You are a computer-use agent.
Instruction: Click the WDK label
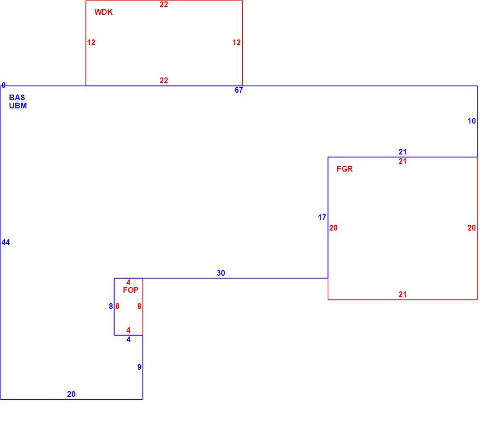[104, 12]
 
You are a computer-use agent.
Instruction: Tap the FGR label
[344, 169]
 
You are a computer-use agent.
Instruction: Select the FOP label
[131, 290]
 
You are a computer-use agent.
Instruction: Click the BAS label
[17, 97]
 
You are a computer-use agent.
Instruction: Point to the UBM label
[18, 106]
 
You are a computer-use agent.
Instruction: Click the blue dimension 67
[239, 90]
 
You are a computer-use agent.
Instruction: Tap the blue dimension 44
[6, 242]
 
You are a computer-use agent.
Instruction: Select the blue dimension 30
[221, 273]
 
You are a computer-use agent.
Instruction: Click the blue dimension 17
[322, 218]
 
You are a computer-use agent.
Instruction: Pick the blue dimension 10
[472, 121]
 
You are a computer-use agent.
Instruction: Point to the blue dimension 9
[139, 367]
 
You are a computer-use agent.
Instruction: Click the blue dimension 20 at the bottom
[71, 394]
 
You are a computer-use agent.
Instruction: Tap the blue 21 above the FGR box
[403, 152]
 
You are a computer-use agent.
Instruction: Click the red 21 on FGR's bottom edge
[403, 294]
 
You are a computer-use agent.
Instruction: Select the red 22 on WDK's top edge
[164, 4]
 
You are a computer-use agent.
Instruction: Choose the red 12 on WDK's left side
[91, 43]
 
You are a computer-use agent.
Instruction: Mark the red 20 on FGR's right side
[472, 228]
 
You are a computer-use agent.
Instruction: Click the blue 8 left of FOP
[111, 306]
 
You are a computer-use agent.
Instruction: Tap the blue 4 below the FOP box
[129, 339]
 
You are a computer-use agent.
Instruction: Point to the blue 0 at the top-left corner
[4, 85]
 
